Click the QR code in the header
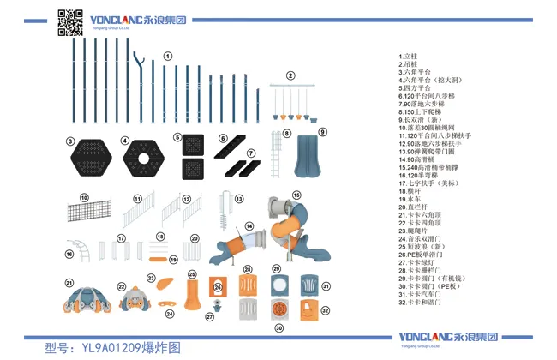(x=70, y=21)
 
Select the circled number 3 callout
(x=71, y=141)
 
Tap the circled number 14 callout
(x=249, y=226)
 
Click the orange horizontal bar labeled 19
(x=158, y=258)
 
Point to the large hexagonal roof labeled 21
(x=86, y=299)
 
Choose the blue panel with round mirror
(x=278, y=285)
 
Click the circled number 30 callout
(x=278, y=327)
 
